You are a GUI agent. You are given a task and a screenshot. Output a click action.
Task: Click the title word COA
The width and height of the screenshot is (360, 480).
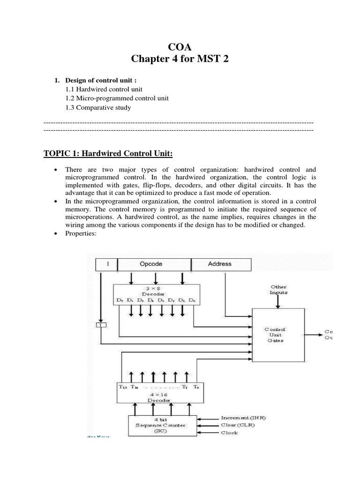click(x=180, y=46)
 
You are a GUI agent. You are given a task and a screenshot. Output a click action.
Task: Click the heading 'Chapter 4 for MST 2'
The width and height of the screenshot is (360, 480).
click(x=180, y=60)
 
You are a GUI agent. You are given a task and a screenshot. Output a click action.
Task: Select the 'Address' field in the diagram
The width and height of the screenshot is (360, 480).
click(x=219, y=264)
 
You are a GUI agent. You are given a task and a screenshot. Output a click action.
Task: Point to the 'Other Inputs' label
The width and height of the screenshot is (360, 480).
click(x=278, y=289)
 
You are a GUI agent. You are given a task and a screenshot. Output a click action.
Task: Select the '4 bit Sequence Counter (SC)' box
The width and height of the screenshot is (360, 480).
click(x=160, y=425)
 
